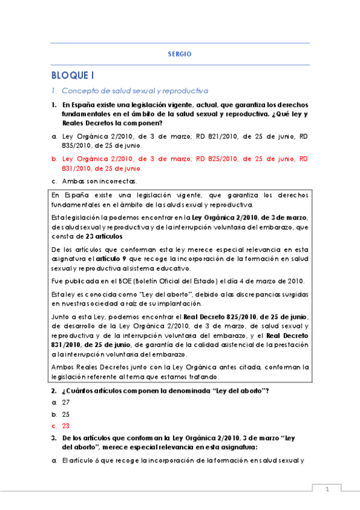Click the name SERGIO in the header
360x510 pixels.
(x=180, y=54)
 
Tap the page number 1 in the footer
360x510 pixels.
(x=328, y=490)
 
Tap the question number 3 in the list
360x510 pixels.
(x=53, y=439)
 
